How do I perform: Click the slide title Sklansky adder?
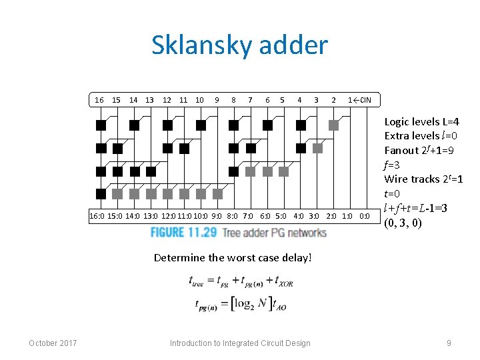(x=239, y=45)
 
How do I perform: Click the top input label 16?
(x=99, y=100)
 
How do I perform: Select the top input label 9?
(x=217, y=100)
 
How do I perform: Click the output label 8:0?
(x=233, y=216)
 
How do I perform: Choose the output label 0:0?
(x=365, y=216)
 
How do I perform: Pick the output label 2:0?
(x=331, y=216)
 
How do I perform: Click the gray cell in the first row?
(x=334, y=125)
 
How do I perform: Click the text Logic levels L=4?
(x=421, y=122)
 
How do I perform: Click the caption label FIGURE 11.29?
(x=184, y=232)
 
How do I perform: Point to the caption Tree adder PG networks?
(x=274, y=233)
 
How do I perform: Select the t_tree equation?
(x=241, y=282)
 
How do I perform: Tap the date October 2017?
(x=53, y=343)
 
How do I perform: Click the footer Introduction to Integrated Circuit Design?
(x=240, y=343)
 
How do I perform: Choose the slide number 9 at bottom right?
(x=449, y=343)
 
